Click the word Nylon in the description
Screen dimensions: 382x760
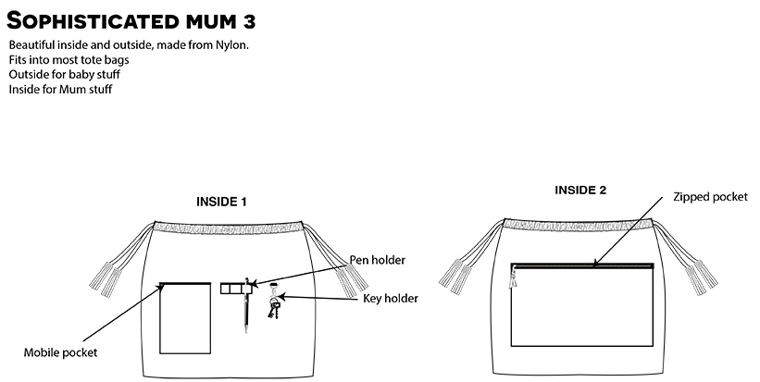coord(231,45)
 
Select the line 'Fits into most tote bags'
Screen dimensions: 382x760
coord(69,60)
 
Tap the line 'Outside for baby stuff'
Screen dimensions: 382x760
coord(64,75)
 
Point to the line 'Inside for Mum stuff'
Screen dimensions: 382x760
coord(60,90)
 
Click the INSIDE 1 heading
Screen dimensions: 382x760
coord(221,202)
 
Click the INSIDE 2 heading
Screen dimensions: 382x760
coord(580,191)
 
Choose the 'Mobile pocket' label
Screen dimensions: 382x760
coord(61,352)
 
